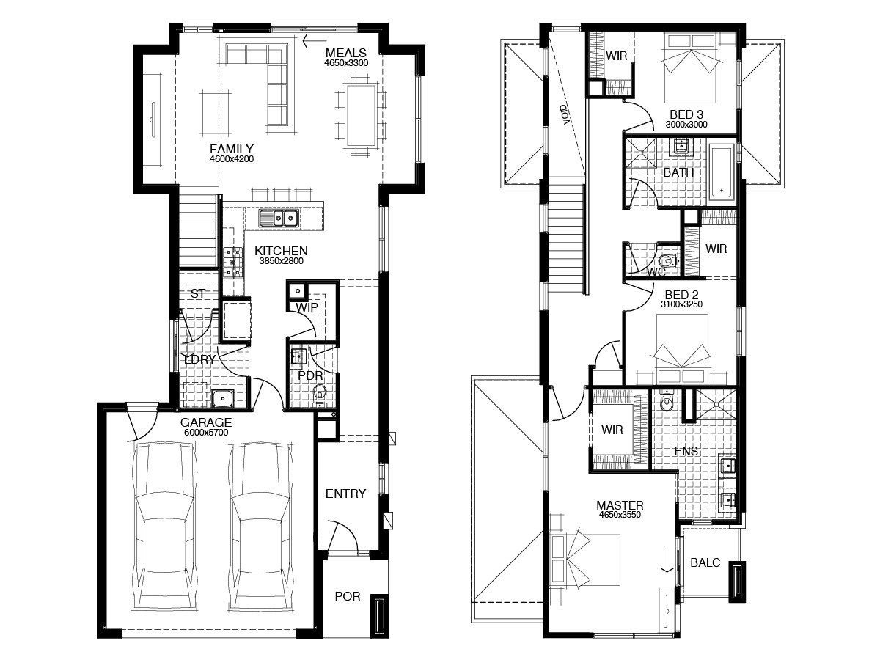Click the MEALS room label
click(345, 53)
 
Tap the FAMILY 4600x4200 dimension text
click(231, 159)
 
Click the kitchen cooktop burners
click(233, 263)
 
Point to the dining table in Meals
click(362, 116)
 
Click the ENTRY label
click(345, 494)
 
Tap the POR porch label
click(347, 596)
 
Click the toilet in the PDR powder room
click(320, 394)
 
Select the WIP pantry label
click(307, 307)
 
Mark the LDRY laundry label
click(199, 359)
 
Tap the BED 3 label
click(686, 114)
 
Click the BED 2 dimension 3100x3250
click(681, 304)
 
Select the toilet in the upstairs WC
click(668, 261)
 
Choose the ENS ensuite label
click(686, 452)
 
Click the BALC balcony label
click(705, 562)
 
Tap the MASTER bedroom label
click(620, 505)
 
